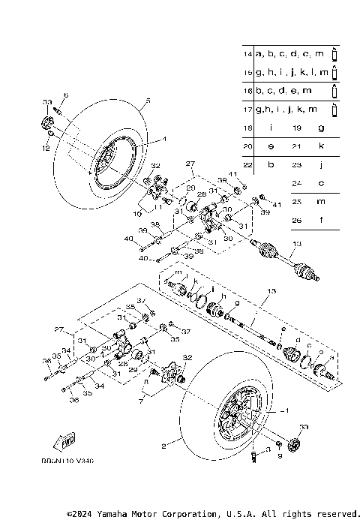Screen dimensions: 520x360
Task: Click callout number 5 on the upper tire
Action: coord(147,101)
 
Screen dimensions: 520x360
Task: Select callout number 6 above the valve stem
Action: coord(65,95)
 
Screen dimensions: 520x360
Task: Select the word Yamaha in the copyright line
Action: coord(116,514)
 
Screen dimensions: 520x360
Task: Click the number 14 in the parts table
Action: coord(247,55)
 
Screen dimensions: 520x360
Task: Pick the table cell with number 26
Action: coord(297,220)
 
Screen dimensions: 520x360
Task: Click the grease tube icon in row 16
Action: coord(334,91)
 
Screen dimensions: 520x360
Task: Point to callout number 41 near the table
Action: coord(276,205)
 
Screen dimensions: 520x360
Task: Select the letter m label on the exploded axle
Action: coord(178,272)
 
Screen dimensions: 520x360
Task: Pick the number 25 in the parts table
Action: coord(297,201)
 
